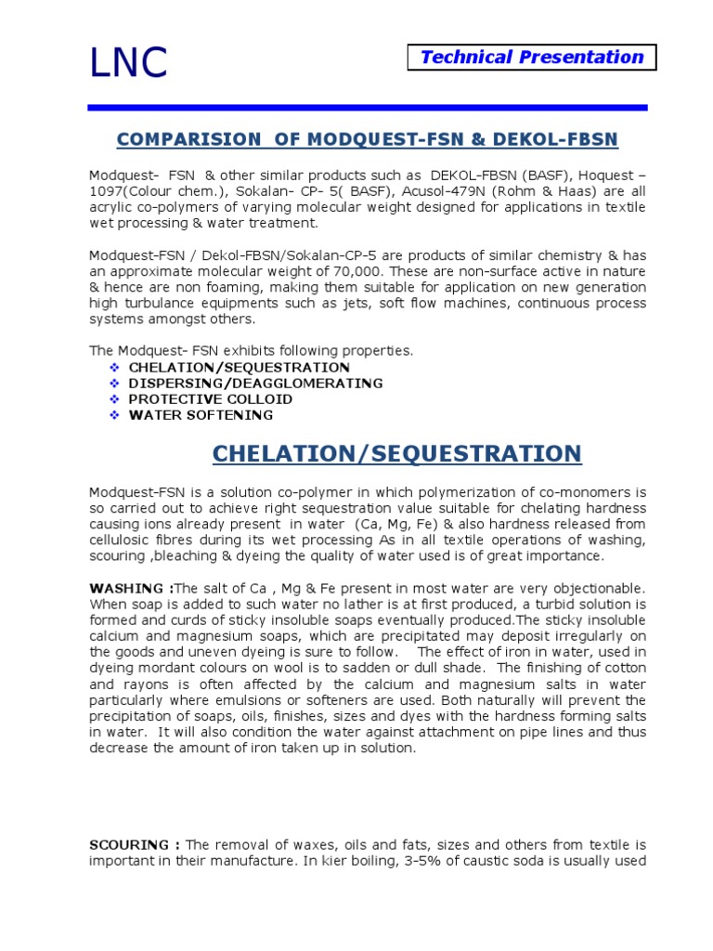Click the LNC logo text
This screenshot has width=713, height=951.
point(128,62)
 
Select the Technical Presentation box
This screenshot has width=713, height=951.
point(532,58)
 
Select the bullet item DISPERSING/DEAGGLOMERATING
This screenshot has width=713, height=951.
point(255,383)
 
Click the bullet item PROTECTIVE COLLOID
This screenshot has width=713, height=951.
point(211,399)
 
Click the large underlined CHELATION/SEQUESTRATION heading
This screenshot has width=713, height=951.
point(396,453)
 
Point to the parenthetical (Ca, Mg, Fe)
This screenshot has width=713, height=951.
point(421,524)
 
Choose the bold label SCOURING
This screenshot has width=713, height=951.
point(134,845)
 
